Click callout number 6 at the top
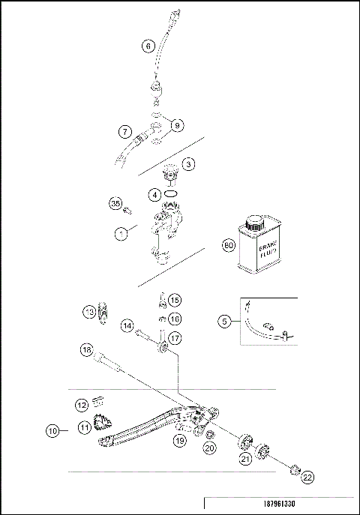click(148, 46)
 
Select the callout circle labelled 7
click(125, 132)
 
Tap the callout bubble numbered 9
click(177, 126)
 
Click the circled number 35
click(115, 204)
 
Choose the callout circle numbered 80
click(229, 245)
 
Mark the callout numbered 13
click(89, 312)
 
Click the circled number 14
click(127, 327)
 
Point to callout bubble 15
click(174, 301)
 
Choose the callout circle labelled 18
click(87, 350)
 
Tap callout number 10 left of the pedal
click(52, 431)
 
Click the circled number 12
click(82, 406)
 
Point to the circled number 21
click(245, 458)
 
